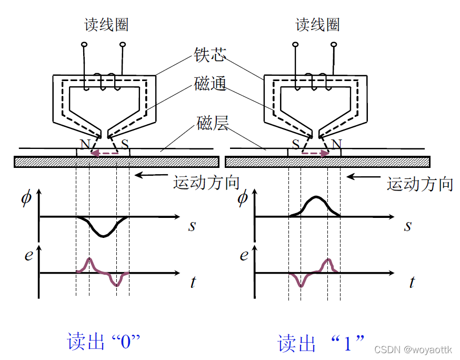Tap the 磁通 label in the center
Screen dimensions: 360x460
click(210, 84)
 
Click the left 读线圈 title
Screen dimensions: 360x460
click(107, 24)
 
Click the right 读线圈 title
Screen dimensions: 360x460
click(317, 24)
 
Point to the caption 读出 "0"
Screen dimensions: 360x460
click(104, 342)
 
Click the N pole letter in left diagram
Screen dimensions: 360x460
click(84, 144)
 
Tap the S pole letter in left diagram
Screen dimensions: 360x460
click(125, 144)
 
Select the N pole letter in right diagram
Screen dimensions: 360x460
click(337, 144)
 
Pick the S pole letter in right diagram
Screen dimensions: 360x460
click(296, 144)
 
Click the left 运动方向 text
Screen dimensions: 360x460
click(206, 183)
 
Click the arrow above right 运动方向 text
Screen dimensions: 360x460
click(363, 177)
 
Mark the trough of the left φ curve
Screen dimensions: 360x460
click(103, 236)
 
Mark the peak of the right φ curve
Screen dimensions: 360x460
click(315, 197)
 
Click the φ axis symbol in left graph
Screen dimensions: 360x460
click(26, 199)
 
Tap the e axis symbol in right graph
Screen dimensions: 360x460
click(244, 256)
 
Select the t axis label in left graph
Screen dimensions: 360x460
click(193, 283)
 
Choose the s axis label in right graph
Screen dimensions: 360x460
click(408, 226)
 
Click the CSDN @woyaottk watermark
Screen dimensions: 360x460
click(414, 349)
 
